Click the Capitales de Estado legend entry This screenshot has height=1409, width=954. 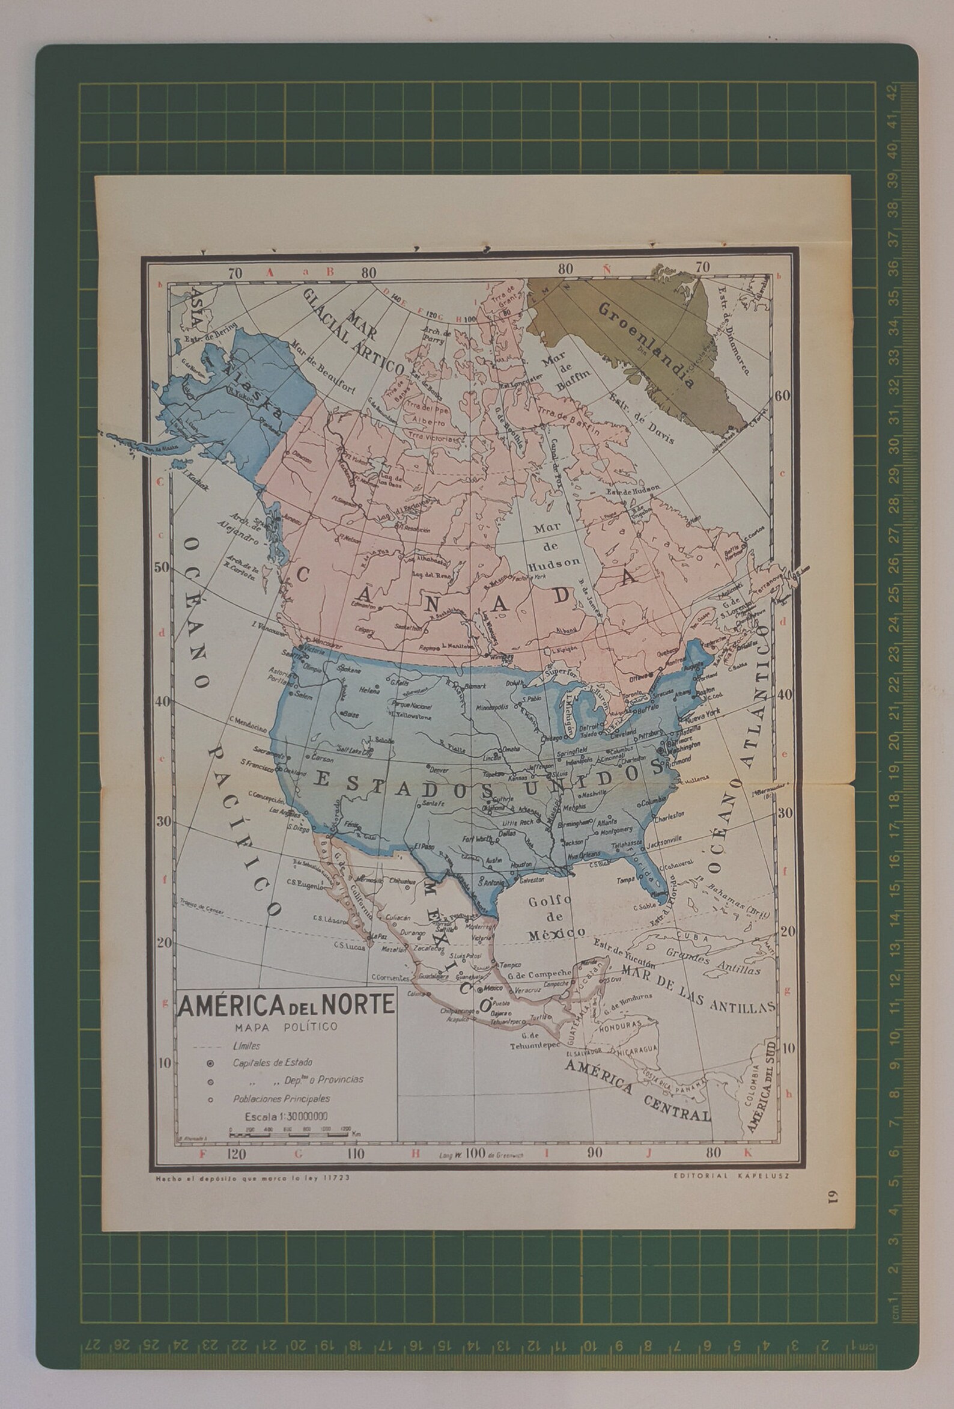(x=272, y=1063)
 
